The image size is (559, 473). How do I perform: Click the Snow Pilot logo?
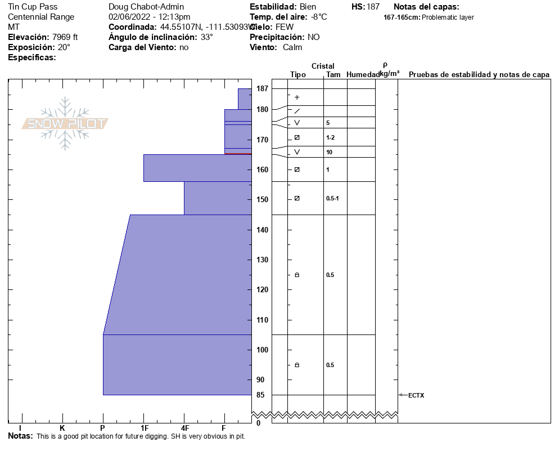coord(65,123)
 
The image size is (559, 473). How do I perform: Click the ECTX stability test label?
coord(416,395)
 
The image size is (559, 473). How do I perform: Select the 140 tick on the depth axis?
coord(262,230)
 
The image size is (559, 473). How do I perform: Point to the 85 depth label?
coord(260,395)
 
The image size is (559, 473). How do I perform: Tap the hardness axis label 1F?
coord(144,428)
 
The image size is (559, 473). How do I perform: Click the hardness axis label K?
coord(62,428)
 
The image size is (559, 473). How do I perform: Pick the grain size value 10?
coord(329,152)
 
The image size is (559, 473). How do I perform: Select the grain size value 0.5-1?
coord(332,198)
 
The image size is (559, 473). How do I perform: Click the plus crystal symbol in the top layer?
coord(297,97)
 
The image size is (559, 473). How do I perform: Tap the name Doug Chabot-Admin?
coord(146,7)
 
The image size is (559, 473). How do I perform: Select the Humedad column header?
coord(363,74)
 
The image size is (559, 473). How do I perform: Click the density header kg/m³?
coord(389,74)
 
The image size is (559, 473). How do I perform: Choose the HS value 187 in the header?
coord(373,7)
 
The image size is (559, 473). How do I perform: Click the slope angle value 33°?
coord(207,37)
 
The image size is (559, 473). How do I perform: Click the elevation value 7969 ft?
coord(65,37)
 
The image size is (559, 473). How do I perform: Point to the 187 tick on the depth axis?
coord(262,88)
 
